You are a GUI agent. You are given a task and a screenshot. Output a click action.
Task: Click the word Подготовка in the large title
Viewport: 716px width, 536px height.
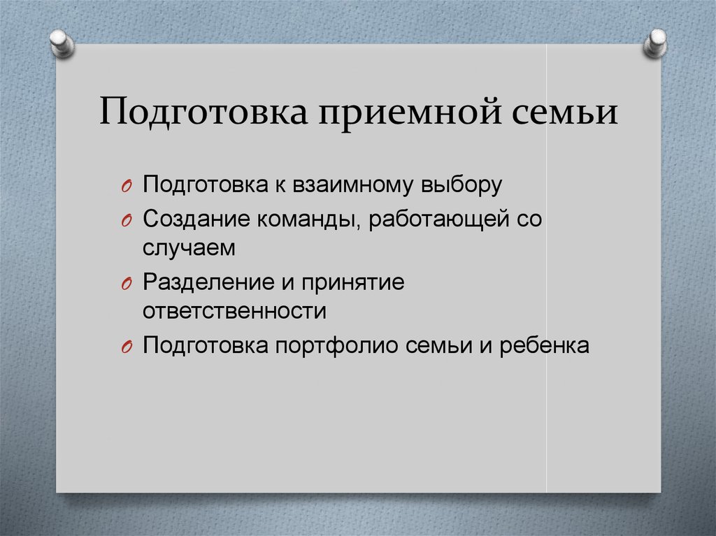click(x=203, y=113)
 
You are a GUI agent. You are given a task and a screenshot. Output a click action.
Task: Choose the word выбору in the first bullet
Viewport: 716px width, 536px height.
click(x=463, y=184)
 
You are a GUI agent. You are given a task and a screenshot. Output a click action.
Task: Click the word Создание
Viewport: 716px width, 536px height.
click(x=198, y=219)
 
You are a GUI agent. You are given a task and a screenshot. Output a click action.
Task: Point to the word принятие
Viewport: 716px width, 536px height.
click(x=345, y=282)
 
